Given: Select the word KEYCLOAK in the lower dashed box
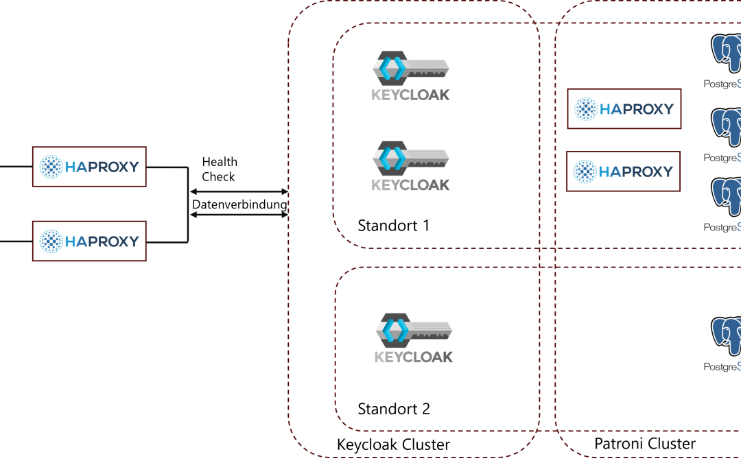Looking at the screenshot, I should pyautogui.click(x=414, y=357).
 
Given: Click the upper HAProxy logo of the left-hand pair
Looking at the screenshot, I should pyautogui.click(x=89, y=166).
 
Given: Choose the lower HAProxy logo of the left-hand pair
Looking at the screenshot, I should pyautogui.click(x=89, y=241).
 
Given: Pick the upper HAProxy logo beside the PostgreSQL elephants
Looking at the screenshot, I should pyautogui.click(x=624, y=108).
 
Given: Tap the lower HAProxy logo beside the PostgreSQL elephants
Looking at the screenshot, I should pyautogui.click(x=624, y=171).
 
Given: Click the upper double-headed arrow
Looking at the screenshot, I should pyautogui.click(x=238, y=192).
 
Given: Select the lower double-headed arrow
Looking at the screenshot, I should pyautogui.click(x=238, y=215).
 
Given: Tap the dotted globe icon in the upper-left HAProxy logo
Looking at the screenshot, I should pyautogui.click(x=51, y=167).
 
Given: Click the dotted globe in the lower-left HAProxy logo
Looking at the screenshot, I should pyautogui.click(x=51, y=241).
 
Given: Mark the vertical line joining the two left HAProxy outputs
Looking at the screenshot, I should pyautogui.click(x=188, y=204).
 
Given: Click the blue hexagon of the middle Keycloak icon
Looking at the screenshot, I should pyautogui.click(x=391, y=158).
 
